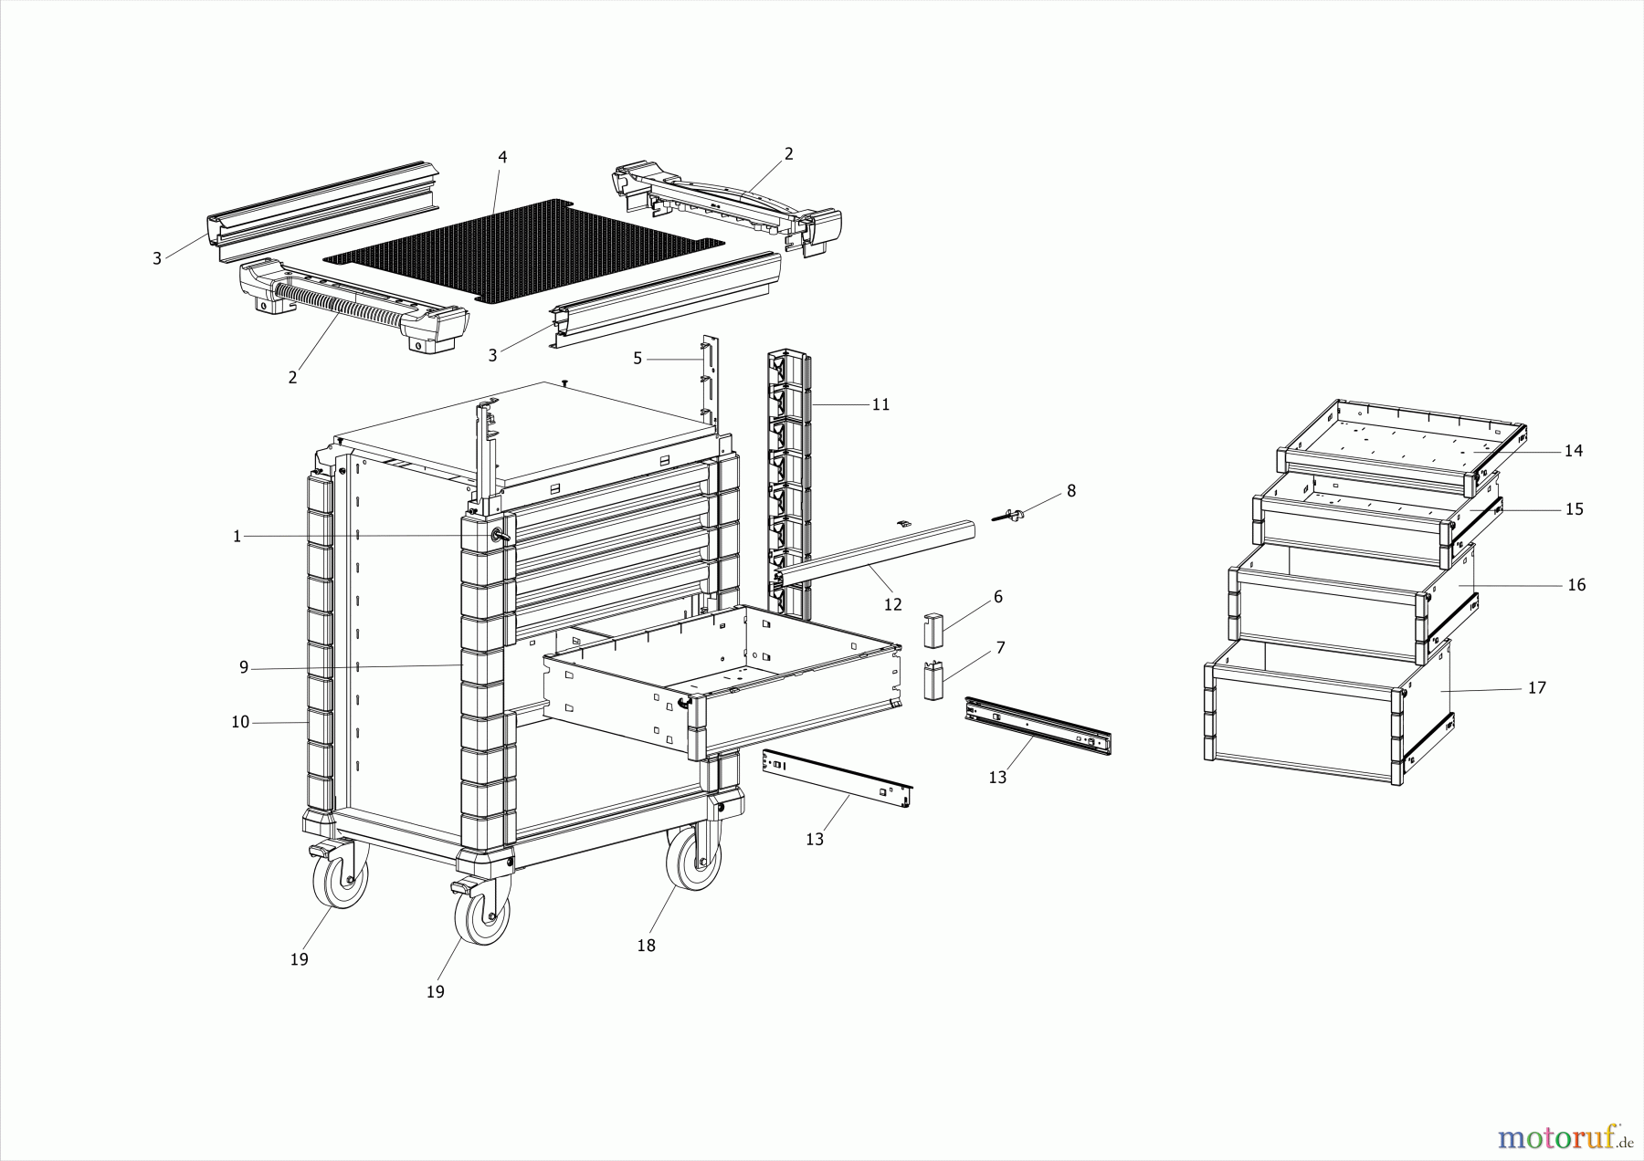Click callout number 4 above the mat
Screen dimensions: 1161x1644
tap(502, 157)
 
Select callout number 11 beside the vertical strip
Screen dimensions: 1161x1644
tap(880, 404)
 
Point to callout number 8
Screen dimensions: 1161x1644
tap(1071, 491)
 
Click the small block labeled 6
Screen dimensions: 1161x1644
tap(933, 629)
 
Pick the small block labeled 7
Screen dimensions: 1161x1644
tap(933, 680)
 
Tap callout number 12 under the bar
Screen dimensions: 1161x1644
tap(892, 604)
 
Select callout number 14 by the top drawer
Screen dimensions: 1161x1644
tap(1573, 451)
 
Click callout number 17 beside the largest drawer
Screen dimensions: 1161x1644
tap(1537, 687)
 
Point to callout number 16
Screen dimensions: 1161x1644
tap(1576, 585)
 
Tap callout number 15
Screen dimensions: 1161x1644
tap(1574, 509)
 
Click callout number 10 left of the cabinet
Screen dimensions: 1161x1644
tap(240, 722)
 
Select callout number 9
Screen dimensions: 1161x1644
tap(244, 667)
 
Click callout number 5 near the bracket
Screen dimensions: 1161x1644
tap(638, 359)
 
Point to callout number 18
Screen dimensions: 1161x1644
tap(646, 946)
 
